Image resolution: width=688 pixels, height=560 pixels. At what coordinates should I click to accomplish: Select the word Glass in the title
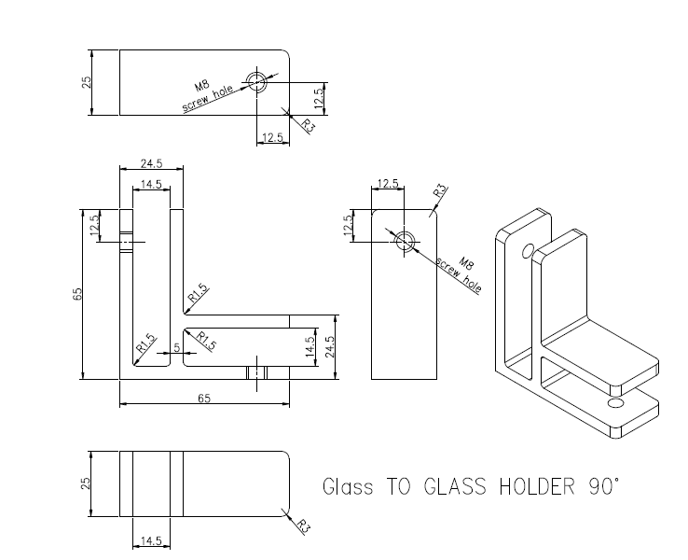(348, 486)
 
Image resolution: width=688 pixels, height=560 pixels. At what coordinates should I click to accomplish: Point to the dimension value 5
(176, 347)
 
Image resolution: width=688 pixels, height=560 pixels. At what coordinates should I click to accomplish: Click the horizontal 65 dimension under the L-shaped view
(204, 398)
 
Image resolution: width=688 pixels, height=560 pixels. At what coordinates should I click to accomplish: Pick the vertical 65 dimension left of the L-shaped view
(78, 293)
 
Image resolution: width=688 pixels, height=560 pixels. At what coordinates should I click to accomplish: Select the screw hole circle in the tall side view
(405, 241)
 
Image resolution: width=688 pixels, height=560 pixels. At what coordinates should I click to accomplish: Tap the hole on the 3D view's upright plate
(528, 251)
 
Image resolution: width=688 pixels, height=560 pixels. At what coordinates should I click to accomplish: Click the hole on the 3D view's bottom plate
(613, 403)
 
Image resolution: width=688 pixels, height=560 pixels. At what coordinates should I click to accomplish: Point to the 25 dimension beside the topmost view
(86, 82)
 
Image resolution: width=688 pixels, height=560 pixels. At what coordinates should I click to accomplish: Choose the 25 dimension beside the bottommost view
(86, 483)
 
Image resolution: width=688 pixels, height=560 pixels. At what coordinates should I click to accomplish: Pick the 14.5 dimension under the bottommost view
(150, 540)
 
